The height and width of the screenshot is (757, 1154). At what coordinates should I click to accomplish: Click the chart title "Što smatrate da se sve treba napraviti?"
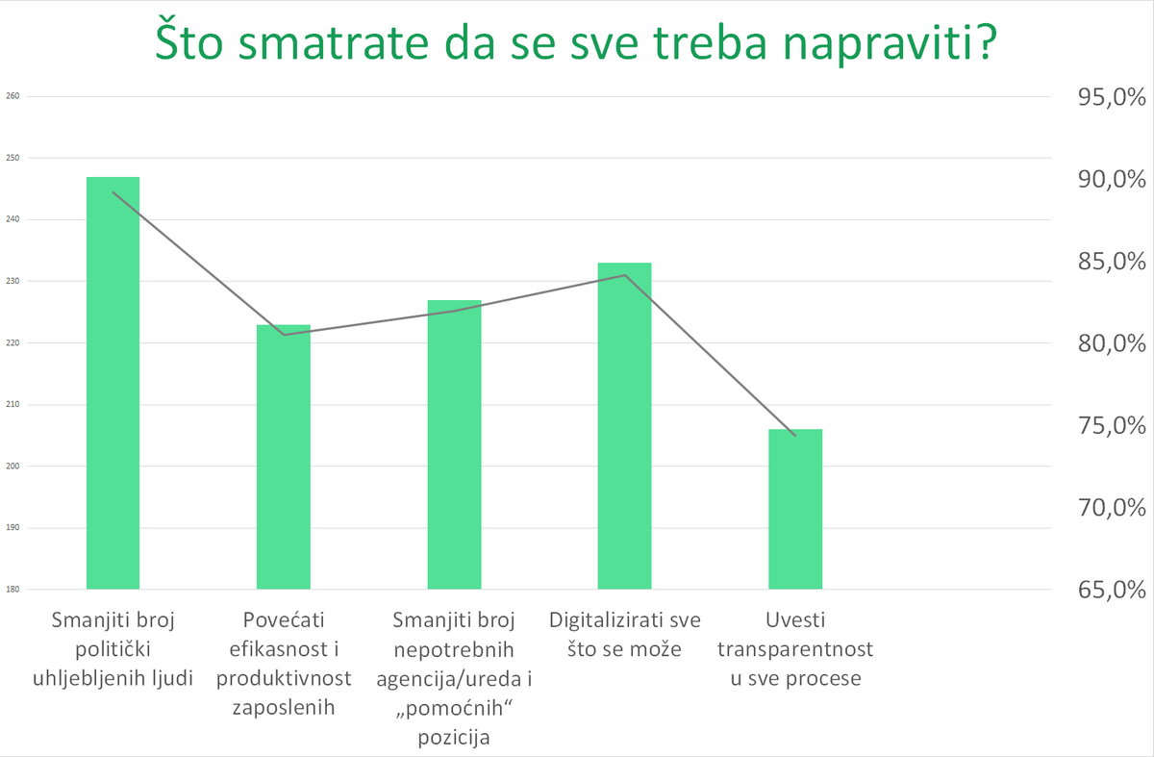pos(574,43)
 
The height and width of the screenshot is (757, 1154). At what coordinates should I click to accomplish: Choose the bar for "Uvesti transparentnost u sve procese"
pos(795,509)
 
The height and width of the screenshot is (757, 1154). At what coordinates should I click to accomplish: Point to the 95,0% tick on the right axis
pos(1101,97)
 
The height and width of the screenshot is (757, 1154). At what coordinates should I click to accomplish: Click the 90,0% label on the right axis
pos(1101,180)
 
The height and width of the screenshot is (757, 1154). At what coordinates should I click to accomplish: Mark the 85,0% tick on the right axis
pos(1101,262)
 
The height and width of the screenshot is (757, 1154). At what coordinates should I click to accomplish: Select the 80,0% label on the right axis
pos(1101,343)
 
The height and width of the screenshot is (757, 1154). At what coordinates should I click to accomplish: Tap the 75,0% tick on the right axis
pos(1101,425)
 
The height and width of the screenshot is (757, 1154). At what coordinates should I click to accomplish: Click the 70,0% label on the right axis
pos(1101,508)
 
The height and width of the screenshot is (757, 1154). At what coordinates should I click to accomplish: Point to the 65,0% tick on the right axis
pos(1101,590)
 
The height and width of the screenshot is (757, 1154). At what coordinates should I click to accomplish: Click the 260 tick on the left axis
pos(13,96)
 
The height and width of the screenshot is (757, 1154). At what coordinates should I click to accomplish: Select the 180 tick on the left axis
pos(13,590)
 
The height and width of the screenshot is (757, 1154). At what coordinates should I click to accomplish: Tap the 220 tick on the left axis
pos(13,343)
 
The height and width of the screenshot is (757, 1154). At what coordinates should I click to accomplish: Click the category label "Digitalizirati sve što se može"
pos(624,634)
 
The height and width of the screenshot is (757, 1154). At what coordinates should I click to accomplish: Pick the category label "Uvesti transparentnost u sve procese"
pos(795,649)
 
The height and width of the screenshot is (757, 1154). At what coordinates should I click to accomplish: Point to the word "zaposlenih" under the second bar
pos(284,709)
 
